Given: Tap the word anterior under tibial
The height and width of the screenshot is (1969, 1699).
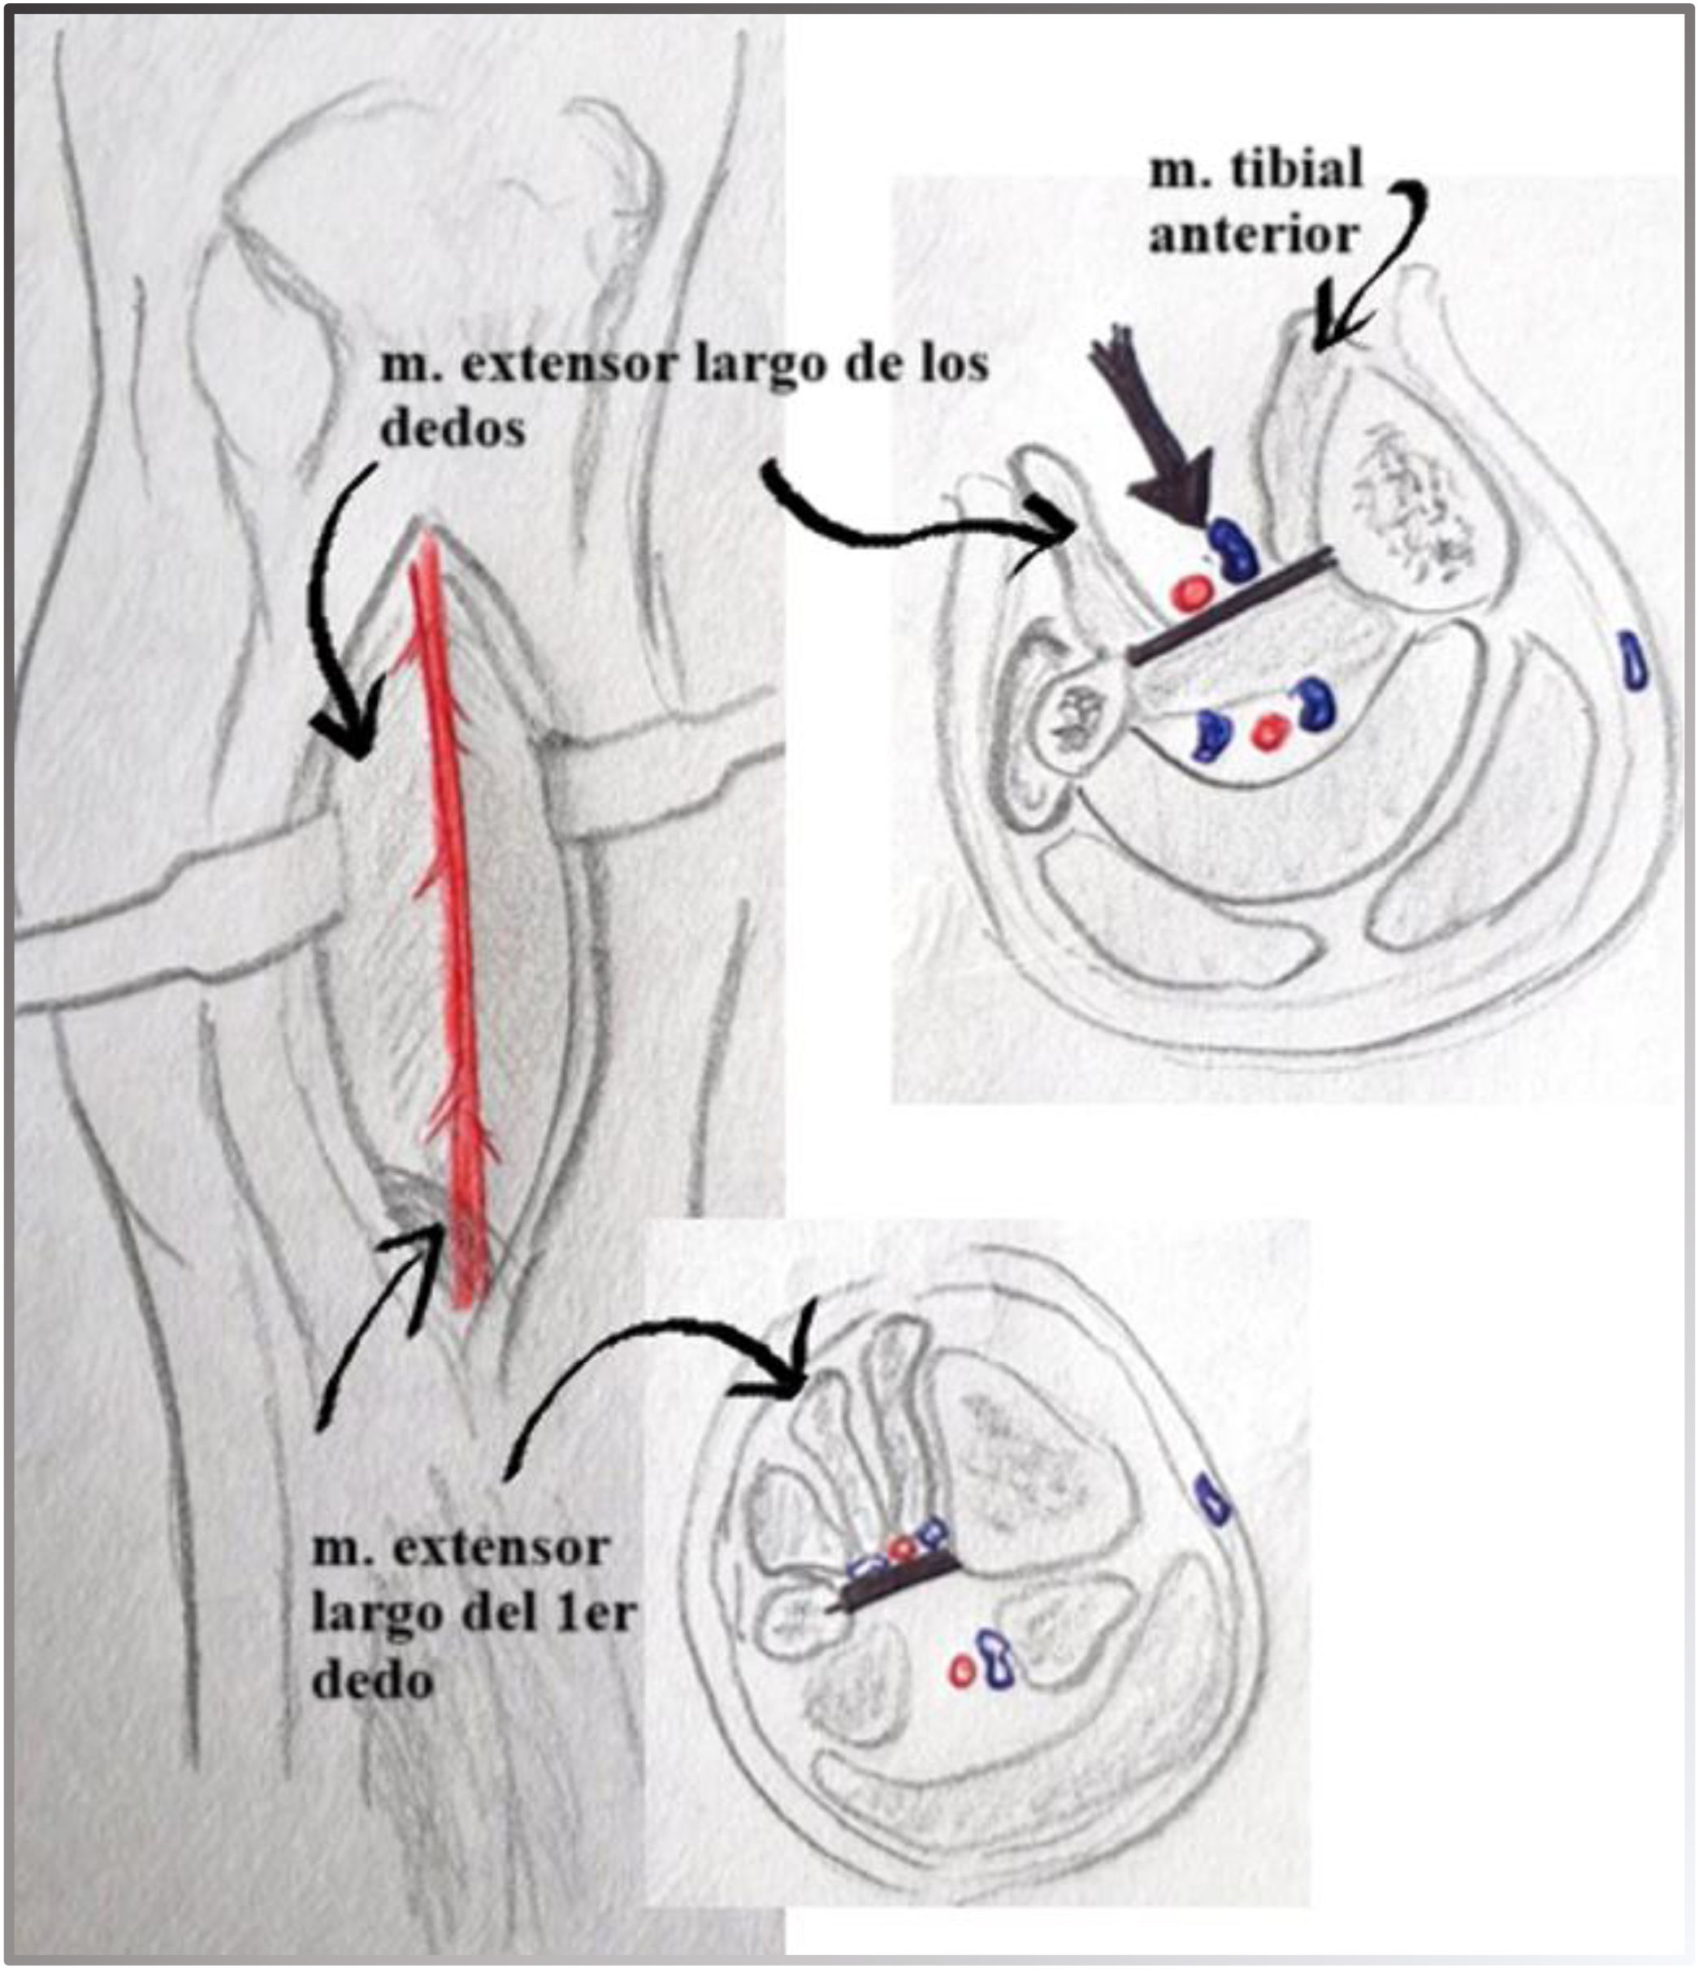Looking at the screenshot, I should coord(1255,235).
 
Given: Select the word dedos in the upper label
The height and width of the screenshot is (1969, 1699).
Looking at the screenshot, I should coord(453,427).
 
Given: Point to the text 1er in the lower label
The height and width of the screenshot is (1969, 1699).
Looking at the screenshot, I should coord(595,1614).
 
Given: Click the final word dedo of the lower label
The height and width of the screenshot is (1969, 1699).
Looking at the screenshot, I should coord(372,1681).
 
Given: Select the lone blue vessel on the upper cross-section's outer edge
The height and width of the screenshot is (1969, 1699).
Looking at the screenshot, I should coord(1634,658).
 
